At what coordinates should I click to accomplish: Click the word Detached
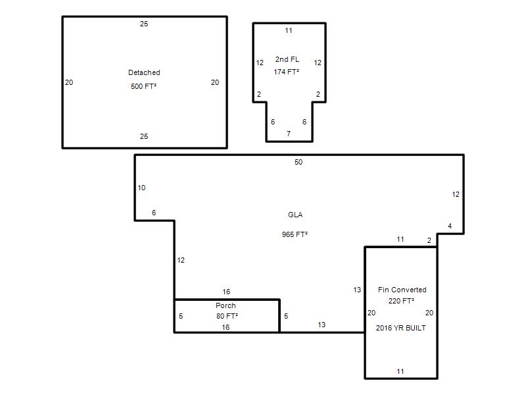click(x=144, y=72)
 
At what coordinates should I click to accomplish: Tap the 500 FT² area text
click(x=143, y=86)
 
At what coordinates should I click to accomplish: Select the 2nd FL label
click(x=287, y=59)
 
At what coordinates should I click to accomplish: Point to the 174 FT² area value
click(x=286, y=72)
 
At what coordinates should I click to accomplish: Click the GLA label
click(x=295, y=215)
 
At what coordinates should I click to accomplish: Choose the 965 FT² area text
click(x=295, y=234)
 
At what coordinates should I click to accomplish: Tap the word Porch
click(x=226, y=305)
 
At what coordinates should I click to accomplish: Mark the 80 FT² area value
click(x=227, y=316)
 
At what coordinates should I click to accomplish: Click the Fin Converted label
click(x=402, y=290)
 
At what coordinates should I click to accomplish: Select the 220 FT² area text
click(x=401, y=301)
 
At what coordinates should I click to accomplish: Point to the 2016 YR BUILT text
click(x=401, y=328)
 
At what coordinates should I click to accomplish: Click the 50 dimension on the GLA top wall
click(x=299, y=162)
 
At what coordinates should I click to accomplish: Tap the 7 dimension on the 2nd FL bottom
click(x=289, y=134)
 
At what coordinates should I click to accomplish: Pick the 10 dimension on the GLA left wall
click(x=141, y=188)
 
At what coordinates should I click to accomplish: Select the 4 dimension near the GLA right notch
click(x=450, y=226)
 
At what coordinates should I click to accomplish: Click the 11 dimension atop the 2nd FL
click(x=289, y=30)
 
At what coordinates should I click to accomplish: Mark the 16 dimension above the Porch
click(x=226, y=292)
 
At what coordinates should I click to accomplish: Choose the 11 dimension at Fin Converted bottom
click(x=400, y=371)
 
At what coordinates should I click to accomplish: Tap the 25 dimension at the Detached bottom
click(x=144, y=136)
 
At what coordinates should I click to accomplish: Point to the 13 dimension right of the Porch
click(x=322, y=325)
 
